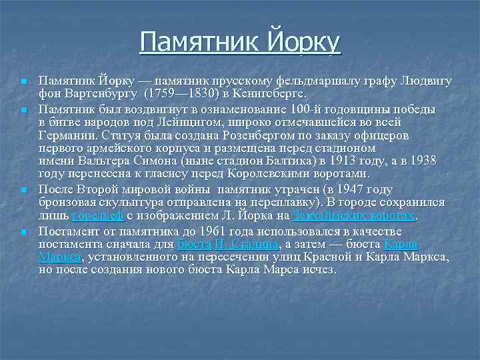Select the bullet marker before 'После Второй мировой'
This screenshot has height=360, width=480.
[x=23, y=191]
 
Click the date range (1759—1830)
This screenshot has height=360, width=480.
[x=181, y=93]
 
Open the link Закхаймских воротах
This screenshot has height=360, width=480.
[x=353, y=216]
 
